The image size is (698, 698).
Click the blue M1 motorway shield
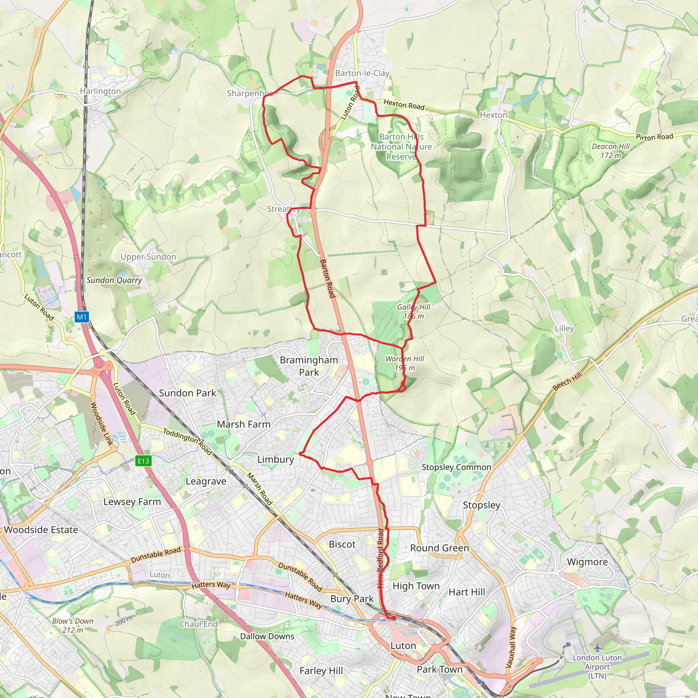coord(82,317)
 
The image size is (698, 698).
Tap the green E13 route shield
coord(143,461)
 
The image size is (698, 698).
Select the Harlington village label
coord(101,91)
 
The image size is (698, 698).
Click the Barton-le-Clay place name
coord(362,73)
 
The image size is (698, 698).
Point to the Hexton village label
coord(494,115)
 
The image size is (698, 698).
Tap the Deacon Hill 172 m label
coord(610,151)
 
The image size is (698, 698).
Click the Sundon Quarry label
coord(114,280)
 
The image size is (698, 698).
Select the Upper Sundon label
coord(148,257)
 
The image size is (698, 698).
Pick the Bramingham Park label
coord(309,366)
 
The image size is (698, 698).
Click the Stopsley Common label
coord(456,467)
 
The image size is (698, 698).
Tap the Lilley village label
coord(564,329)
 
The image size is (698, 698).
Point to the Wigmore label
coord(587,562)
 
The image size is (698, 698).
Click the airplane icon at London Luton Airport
coord(597,648)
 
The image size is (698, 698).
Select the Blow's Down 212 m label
coord(73,625)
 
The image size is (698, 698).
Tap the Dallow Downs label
coord(267,636)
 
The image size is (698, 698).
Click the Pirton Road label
coord(654,137)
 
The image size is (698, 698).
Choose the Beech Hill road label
coord(567,381)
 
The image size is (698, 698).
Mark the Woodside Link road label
coord(102,424)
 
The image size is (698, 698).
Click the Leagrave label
coord(206,481)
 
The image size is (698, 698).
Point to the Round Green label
coord(439,548)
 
